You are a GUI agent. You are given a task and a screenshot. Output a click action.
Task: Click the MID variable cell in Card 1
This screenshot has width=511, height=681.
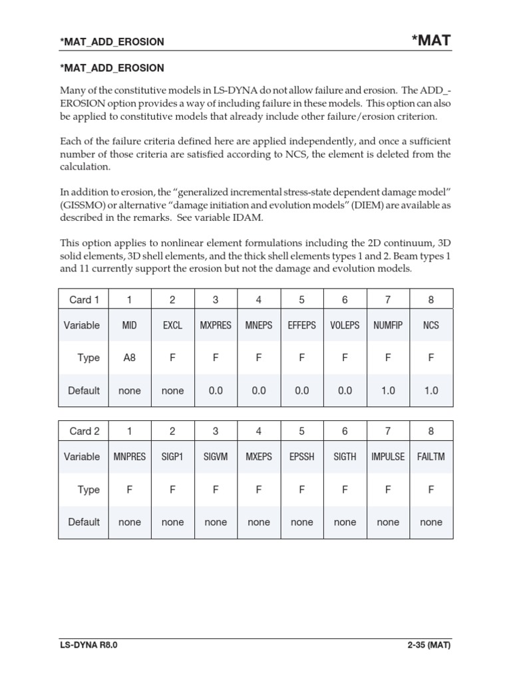point(129,325)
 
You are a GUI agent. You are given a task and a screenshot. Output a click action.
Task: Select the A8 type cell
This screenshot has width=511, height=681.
point(129,358)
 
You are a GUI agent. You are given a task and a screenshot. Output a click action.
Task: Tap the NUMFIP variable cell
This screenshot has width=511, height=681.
point(388,325)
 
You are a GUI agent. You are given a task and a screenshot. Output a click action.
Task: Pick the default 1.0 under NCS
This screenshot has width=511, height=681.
point(431,390)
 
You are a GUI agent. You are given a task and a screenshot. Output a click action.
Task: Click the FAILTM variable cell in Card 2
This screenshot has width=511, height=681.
point(431,457)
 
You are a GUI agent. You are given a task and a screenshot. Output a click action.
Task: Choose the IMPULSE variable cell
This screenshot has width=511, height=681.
point(388,457)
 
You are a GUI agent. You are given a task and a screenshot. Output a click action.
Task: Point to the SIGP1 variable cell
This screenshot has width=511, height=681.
point(172,457)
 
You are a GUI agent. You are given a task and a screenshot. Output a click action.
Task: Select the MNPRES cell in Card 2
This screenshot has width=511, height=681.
point(129,457)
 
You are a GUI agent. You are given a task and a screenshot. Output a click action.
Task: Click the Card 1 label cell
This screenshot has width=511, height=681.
point(84,299)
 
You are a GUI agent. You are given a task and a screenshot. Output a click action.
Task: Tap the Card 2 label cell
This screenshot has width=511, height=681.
point(84,431)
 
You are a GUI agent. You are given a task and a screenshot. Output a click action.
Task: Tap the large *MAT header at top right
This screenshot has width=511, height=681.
point(431,40)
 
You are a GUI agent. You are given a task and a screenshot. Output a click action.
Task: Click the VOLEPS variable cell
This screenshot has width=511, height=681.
point(345,325)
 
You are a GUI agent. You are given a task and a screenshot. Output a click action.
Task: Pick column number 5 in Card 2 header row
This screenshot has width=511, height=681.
point(301,431)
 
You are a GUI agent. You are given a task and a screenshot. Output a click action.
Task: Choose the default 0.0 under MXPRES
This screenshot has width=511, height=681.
point(216,390)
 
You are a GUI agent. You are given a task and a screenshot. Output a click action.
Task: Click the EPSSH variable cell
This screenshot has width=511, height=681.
point(301,457)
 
